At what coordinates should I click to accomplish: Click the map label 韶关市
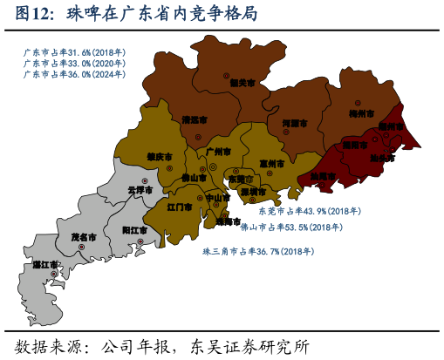pyautogui.click(x=242, y=83)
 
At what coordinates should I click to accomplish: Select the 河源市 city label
pyautogui.click(x=295, y=123)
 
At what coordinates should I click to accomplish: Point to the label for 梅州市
pyautogui.click(x=361, y=113)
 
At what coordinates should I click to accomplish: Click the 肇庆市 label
pyautogui.click(x=159, y=157)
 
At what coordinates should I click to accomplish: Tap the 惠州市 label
pyautogui.click(x=271, y=163)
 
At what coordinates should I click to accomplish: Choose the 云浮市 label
pyautogui.click(x=140, y=189)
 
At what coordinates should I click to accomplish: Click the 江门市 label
pyautogui.click(x=180, y=208)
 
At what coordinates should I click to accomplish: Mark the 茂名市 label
pyautogui.click(x=84, y=236)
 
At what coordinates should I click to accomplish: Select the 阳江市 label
pyautogui.click(x=134, y=229)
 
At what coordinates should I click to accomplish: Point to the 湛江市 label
pyautogui.click(x=46, y=264)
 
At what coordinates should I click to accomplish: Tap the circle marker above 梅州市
pyautogui.click(x=357, y=103)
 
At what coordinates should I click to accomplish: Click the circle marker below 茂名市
pyautogui.click(x=82, y=247)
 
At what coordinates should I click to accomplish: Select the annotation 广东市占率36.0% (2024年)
pyautogui.click(x=75, y=74)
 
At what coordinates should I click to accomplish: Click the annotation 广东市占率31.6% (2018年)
pyautogui.click(x=75, y=52)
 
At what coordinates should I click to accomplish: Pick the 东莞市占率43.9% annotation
pyautogui.click(x=310, y=211)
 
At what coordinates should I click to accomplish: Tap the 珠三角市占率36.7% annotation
pyautogui.click(x=258, y=251)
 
